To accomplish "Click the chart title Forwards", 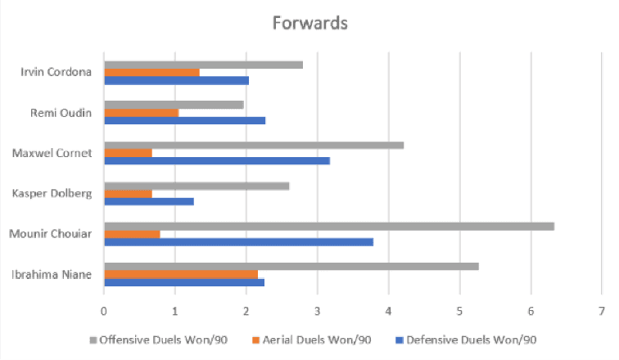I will coord(309,23).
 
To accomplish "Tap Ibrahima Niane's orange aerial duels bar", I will coord(181,273).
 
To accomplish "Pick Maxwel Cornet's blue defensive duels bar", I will coord(217,160).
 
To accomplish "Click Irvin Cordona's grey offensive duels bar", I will coord(203,64).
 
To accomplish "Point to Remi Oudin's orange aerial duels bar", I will coord(141,113).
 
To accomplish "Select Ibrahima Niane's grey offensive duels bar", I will coord(291,265).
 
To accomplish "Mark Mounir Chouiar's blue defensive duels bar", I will coord(238,241).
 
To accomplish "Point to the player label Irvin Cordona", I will coord(56,72).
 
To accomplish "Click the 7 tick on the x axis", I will coord(602,311).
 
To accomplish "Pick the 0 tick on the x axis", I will coord(104,311).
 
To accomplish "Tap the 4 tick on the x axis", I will coord(388,311).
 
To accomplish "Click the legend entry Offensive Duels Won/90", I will coord(152,339).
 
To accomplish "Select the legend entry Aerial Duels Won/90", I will coord(299,339).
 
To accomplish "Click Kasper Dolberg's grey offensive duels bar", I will coord(197,185).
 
